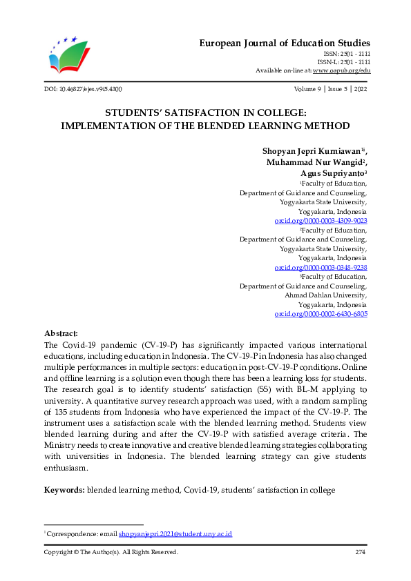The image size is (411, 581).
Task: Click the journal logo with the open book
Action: tap(69, 54)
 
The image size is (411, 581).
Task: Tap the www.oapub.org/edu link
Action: tap(341, 70)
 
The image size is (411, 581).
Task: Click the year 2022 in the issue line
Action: tap(361, 89)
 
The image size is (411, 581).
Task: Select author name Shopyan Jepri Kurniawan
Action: tap(312, 150)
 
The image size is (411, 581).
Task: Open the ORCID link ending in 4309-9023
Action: tap(321, 220)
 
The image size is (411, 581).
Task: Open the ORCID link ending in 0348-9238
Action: tap(321, 267)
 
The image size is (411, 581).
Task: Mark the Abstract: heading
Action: tap(61, 333)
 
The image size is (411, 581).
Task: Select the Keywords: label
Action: tap(64, 490)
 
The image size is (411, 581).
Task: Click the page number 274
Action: tap(361, 552)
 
